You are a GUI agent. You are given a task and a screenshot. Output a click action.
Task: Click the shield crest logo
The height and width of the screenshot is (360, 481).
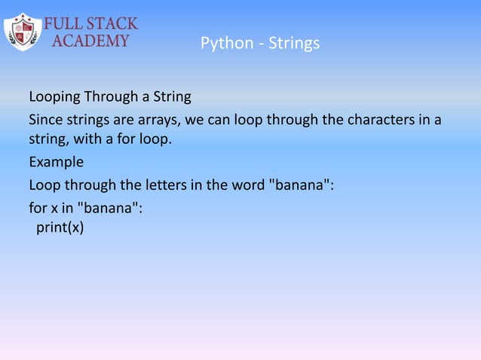(23, 31)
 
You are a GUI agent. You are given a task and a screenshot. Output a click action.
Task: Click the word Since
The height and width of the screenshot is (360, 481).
(44, 120)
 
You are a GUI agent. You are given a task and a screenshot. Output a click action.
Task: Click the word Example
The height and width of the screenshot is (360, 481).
(56, 162)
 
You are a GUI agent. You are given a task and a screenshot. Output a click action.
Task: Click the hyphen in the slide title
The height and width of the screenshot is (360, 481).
(254, 44)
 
